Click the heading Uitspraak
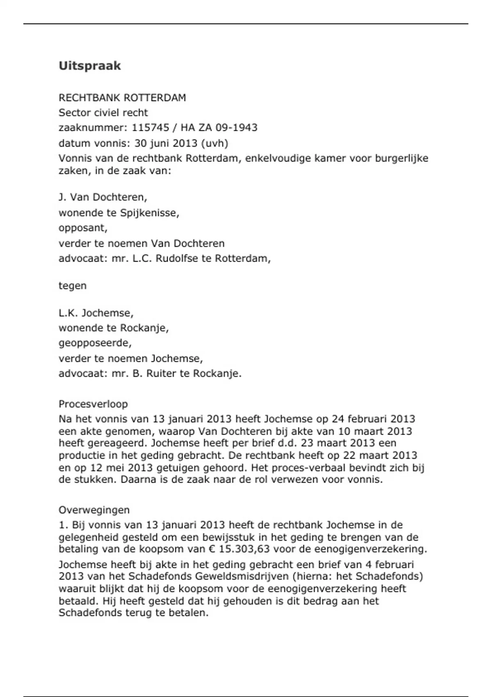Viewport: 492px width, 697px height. coord(89,66)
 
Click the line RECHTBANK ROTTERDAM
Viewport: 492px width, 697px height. coord(122,98)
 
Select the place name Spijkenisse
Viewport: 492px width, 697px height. coord(149,213)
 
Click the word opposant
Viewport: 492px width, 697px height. coord(83,228)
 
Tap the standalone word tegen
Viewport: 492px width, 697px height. coord(73,286)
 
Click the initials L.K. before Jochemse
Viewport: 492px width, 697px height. coord(68,313)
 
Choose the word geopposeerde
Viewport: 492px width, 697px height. coord(95,343)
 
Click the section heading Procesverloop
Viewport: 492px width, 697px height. coord(93,404)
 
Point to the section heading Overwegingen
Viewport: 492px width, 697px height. coord(94,510)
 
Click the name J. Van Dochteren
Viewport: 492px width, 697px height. coord(102,198)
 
